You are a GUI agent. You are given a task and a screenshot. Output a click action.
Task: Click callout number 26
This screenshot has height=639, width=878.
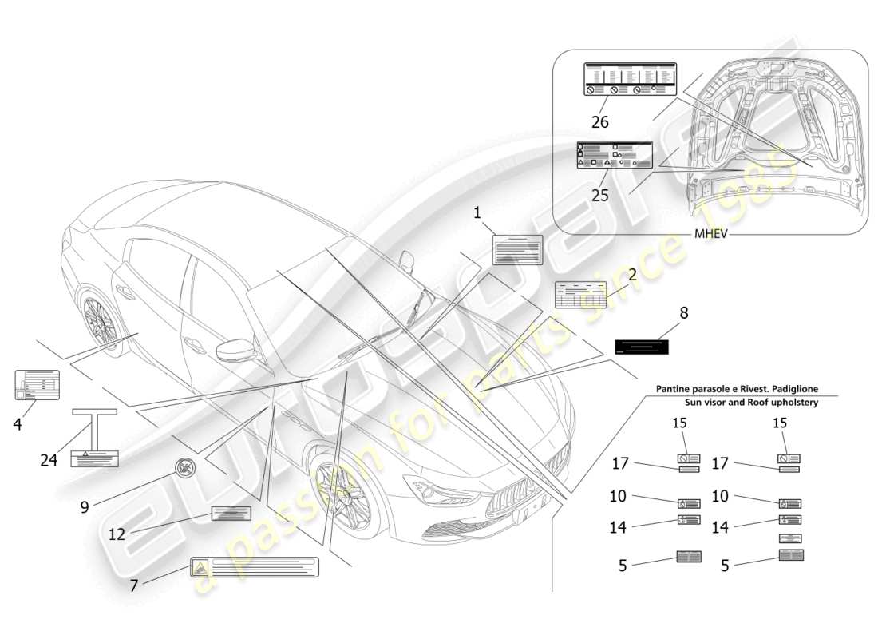pyautogui.click(x=599, y=122)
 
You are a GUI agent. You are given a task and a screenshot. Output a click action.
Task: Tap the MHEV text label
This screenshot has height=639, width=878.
pyautogui.click(x=710, y=233)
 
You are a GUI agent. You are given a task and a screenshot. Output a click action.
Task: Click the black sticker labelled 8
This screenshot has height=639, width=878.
pyautogui.click(x=641, y=347)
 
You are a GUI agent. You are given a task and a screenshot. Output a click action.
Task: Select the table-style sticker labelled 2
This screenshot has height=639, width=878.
pyautogui.click(x=580, y=295)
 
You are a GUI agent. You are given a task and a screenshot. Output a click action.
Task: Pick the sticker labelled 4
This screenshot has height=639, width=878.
pyautogui.click(x=38, y=384)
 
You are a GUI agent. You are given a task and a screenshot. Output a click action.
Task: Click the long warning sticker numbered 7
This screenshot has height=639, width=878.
pyautogui.click(x=254, y=567)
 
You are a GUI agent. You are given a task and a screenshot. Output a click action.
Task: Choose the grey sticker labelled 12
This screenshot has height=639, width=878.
pyautogui.click(x=231, y=514)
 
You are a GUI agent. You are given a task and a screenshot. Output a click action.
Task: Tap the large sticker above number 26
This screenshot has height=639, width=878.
pyautogui.click(x=630, y=79)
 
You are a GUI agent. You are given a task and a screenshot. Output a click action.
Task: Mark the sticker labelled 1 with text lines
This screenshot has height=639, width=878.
pyautogui.click(x=517, y=249)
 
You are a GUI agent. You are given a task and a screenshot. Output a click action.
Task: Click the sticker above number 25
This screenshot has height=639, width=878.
pyautogui.click(x=615, y=155)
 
